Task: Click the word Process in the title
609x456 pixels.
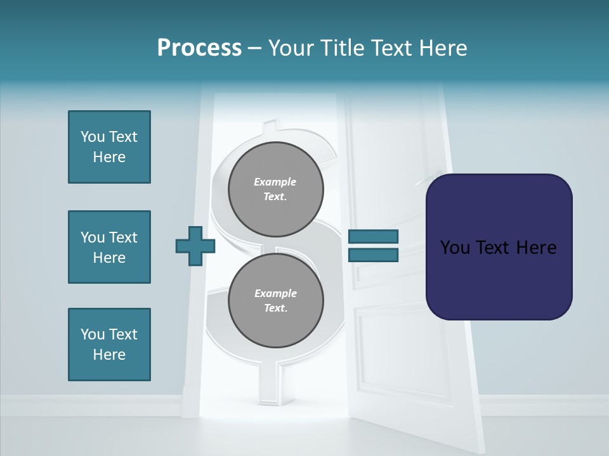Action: click(199, 48)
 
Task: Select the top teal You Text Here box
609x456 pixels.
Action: click(109, 147)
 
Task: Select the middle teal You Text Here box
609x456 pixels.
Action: click(109, 247)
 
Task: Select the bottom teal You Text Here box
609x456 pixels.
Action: click(109, 345)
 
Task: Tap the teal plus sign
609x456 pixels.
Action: click(195, 246)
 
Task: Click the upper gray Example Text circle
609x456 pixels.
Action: click(275, 189)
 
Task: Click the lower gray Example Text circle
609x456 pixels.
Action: click(275, 301)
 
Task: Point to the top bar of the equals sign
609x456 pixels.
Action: click(373, 237)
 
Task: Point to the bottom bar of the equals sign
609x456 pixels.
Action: click(373, 255)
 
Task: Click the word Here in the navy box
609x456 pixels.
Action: click(536, 248)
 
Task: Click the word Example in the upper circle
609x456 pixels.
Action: click(275, 182)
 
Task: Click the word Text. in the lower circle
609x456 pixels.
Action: click(275, 308)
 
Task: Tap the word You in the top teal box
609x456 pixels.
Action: click(93, 137)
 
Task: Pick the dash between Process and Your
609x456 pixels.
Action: click(255, 48)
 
